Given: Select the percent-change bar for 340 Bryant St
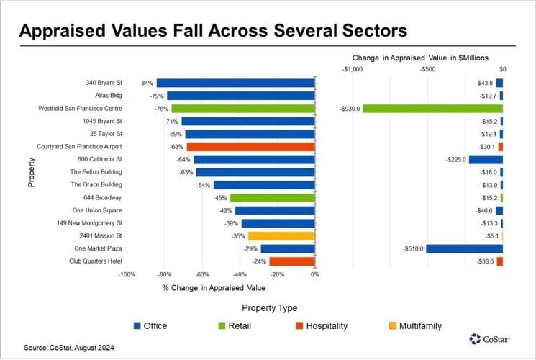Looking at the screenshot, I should [235, 83].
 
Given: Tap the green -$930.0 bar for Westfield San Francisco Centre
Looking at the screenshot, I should [432, 109].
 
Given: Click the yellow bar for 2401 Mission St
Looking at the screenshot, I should [281, 235].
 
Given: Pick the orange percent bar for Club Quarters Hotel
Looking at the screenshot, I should [291, 261].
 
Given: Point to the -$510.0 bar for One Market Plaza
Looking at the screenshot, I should [464, 248].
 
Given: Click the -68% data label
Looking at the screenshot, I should [176, 147].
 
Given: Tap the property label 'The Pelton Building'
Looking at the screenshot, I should [96, 172].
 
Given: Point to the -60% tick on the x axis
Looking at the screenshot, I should [202, 275].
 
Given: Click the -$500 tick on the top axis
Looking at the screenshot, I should [427, 69].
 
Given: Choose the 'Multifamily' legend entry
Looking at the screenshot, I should [417, 326].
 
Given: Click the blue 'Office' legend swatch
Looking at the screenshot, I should [136, 326].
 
